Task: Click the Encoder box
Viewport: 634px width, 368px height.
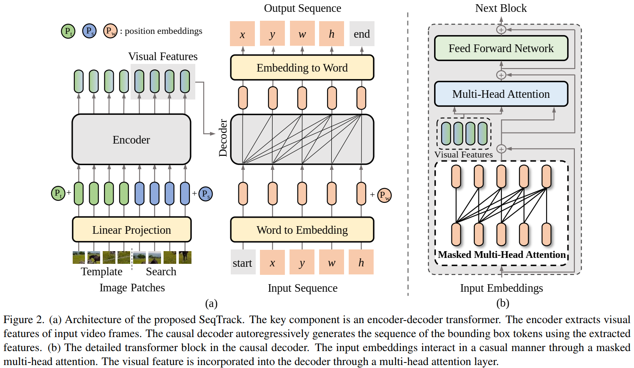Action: (x=131, y=139)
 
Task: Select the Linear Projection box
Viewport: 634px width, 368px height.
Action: (x=131, y=230)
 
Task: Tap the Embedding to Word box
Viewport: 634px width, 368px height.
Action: (x=302, y=68)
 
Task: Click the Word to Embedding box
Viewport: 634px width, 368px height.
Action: (x=302, y=230)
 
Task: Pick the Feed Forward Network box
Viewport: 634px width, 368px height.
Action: (x=501, y=48)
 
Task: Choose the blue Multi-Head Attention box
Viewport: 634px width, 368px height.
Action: (x=501, y=94)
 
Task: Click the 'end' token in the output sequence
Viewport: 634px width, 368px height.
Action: (x=361, y=34)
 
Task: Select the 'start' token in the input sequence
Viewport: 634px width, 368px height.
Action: (x=243, y=263)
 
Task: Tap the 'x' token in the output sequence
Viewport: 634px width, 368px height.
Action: (x=242, y=34)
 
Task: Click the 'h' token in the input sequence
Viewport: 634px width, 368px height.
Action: (x=361, y=263)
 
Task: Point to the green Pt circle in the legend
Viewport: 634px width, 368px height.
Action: (x=68, y=31)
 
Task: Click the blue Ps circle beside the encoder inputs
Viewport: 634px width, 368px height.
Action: (x=205, y=194)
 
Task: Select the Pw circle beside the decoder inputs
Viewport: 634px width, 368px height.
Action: (x=384, y=195)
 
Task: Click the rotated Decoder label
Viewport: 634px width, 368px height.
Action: (x=223, y=138)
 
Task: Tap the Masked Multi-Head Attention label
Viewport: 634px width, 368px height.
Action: (x=501, y=255)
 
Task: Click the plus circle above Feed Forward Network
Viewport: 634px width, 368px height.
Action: (x=501, y=30)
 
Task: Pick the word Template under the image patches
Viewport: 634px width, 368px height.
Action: (x=101, y=271)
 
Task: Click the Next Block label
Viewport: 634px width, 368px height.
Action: (x=501, y=8)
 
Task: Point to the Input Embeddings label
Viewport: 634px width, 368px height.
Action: (x=501, y=288)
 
